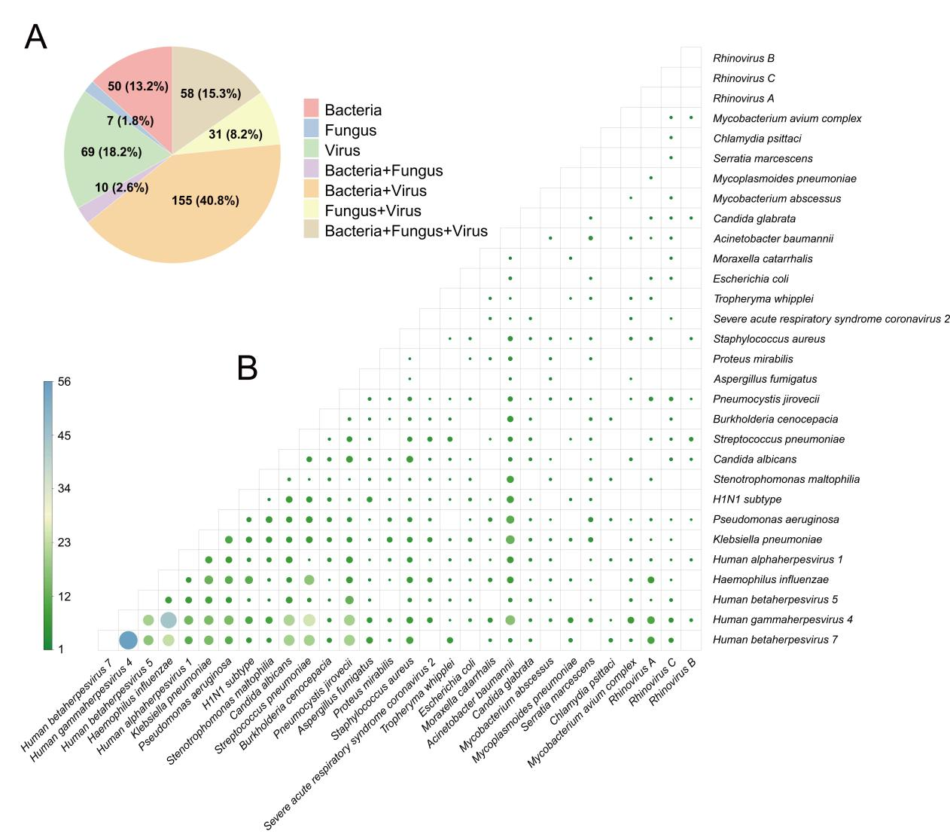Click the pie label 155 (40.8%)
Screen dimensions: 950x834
click(206, 200)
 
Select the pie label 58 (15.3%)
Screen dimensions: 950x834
click(211, 93)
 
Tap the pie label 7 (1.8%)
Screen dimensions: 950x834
click(130, 121)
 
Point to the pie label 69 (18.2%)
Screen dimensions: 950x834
click(111, 151)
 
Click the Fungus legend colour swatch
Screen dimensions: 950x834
click(311, 129)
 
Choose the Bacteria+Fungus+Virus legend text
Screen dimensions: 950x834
click(406, 231)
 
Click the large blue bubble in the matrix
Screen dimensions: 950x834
click(128, 640)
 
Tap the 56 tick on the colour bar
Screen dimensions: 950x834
click(64, 381)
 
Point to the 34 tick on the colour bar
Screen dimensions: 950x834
click(64, 488)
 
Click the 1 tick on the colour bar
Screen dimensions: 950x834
click(61, 649)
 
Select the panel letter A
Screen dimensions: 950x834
click(35, 37)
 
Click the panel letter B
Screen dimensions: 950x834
click(247, 368)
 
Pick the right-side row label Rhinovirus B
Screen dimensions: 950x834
click(744, 58)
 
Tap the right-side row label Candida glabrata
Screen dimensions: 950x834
click(754, 218)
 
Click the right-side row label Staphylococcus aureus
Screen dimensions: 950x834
click(769, 339)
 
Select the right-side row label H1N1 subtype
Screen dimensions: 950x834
click(747, 499)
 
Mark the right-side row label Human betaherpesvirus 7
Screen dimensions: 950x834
click(775, 640)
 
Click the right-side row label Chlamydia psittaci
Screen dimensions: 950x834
click(757, 139)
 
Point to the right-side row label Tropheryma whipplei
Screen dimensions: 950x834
click(763, 299)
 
